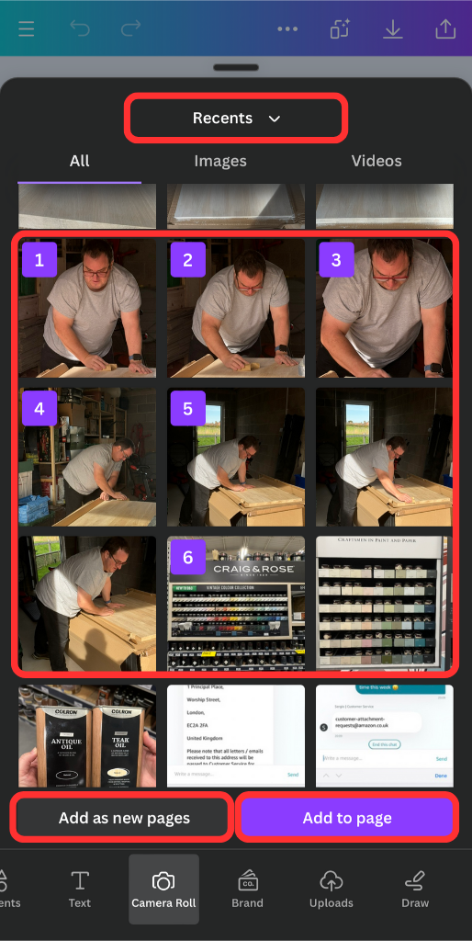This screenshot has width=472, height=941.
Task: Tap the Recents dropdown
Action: tap(236, 119)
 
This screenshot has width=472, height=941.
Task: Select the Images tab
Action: tap(220, 161)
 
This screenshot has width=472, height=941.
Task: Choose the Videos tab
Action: tap(376, 161)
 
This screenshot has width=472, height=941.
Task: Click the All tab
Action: tap(80, 161)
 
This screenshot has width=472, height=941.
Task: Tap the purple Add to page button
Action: tap(347, 818)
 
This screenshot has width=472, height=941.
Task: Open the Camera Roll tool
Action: tap(164, 890)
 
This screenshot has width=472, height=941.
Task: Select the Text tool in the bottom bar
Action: tap(80, 890)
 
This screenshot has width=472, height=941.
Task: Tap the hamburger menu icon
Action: tap(26, 29)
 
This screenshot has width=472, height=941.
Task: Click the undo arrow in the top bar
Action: tap(80, 29)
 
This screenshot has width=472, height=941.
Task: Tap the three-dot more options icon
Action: tap(287, 29)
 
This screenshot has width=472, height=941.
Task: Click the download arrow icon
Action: tap(393, 29)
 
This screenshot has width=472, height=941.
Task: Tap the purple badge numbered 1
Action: tap(39, 260)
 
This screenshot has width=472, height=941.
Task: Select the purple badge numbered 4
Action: tap(39, 408)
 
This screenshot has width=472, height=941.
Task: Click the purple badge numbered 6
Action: tap(187, 557)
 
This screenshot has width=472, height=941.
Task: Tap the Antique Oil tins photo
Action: tap(87, 735)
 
